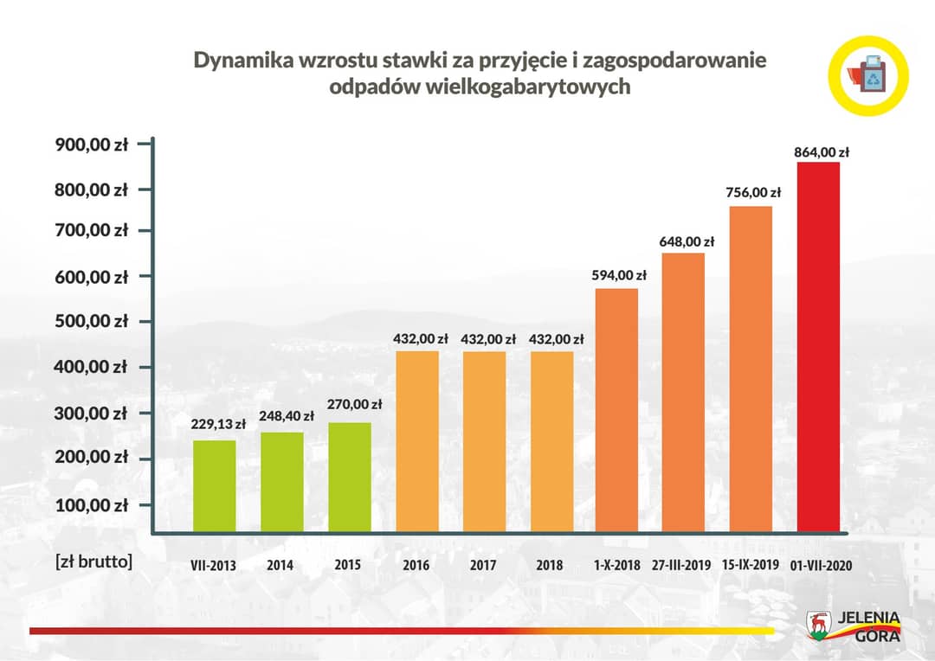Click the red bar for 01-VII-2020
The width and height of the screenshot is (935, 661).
[x=818, y=346]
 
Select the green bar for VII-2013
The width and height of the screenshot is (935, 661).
[x=214, y=485]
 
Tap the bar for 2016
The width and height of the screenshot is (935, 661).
[x=417, y=440]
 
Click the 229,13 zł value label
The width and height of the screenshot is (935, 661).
[x=219, y=424]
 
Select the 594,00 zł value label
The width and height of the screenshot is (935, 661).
[x=619, y=275]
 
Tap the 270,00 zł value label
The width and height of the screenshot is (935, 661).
[x=354, y=403]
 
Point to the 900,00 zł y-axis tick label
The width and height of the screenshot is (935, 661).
[x=92, y=145]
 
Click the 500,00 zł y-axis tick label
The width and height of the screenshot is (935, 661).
[x=92, y=321]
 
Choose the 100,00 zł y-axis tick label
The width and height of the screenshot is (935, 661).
[x=92, y=504]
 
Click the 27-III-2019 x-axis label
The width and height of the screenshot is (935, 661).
[x=681, y=565]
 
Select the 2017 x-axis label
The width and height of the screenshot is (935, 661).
[x=483, y=565]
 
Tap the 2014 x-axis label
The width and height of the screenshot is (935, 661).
[x=280, y=565]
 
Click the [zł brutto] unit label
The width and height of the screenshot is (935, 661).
[x=93, y=561]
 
